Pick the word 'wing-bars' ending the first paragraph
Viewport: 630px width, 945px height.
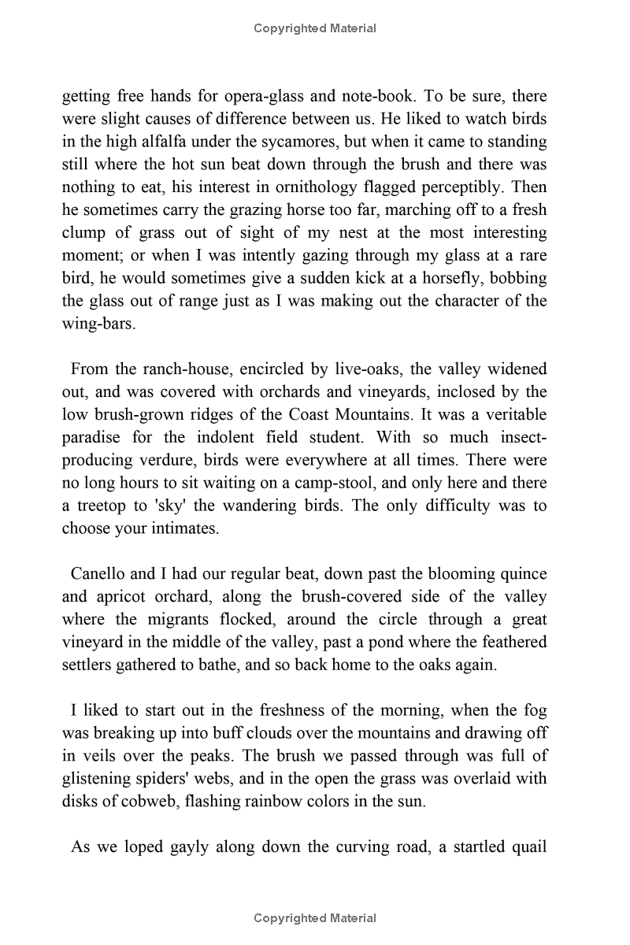pos(98,324)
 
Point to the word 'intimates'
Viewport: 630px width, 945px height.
pos(181,528)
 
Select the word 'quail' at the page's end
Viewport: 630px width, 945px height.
pos(527,847)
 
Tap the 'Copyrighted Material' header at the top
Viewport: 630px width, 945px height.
pos(315,28)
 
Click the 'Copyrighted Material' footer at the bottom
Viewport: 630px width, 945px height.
pos(315,918)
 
